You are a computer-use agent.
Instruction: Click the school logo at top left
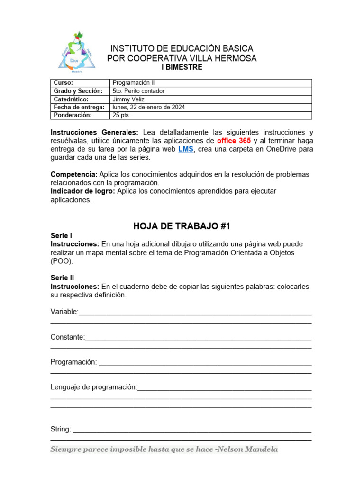click(77, 52)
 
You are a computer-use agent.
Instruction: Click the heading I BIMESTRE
click(182, 67)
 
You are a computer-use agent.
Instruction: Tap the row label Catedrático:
click(71, 99)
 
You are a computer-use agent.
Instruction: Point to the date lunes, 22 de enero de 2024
click(149, 107)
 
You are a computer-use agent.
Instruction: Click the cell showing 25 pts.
click(121, 115)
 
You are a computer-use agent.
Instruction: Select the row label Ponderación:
click(73, 115)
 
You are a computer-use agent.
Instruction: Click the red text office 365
click(234, 141)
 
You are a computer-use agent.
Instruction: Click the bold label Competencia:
click(74, 174)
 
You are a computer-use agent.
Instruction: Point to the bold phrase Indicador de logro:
click(82, 191)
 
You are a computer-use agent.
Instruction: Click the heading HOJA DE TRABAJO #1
click(182, 226)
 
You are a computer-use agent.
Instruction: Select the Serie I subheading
click(62, 235)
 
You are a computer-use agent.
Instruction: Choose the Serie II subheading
click(63, 278)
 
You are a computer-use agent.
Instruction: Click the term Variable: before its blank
click(64, 312)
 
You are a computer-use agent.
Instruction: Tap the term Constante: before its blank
click(68, 337)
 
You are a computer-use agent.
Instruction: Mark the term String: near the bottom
click(61, 429)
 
